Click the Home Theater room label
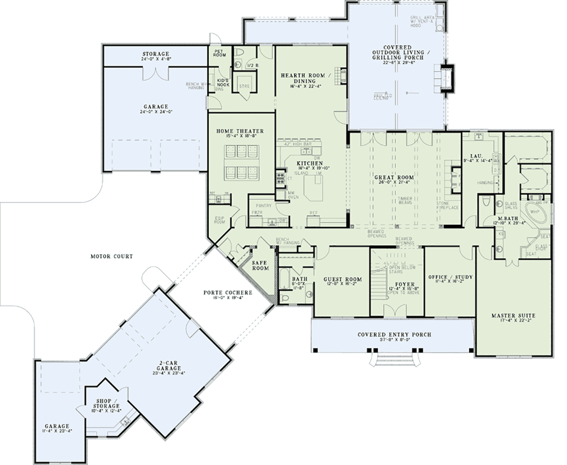click(x=240, y=131)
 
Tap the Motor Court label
click(x=112, y=256)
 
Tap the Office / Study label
click(x=450, y=277)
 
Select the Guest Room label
click(x=343, y=279)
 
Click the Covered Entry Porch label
click(x=394, y=334)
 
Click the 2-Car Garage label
click(x=169, y=365)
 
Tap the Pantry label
click(x=263, y=206)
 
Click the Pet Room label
click(x=218, y=52)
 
